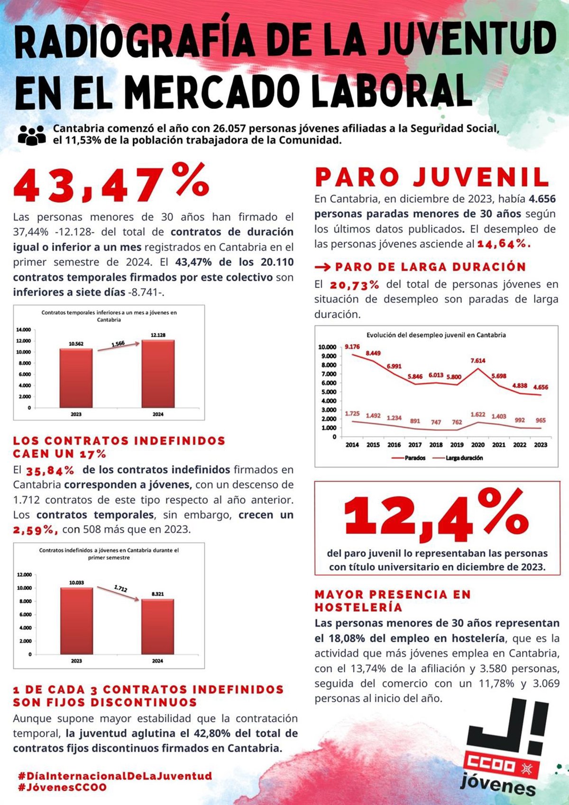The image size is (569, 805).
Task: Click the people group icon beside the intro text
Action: [32, 135]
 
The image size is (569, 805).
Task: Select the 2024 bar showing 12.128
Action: [158, 374]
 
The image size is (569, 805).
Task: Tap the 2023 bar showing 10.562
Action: [76, 378]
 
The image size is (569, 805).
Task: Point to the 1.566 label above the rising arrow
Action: [118, 344]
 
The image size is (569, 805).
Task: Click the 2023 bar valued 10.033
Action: [76, 621]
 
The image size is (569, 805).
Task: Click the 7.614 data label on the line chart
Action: [477, 361]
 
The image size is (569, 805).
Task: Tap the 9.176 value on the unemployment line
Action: [352, 347]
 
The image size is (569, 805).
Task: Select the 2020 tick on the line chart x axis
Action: [477, 445]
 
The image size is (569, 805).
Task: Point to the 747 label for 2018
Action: [436, 422]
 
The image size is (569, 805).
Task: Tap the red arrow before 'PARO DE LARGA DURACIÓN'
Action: [322, 267]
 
